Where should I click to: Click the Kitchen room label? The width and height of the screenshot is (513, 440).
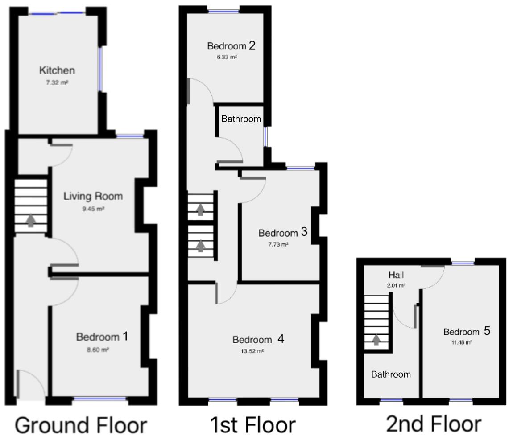57,70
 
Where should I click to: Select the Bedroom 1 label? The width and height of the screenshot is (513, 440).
102,337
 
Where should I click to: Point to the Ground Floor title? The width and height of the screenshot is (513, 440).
81,425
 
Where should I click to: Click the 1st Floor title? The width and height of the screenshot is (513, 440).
252,425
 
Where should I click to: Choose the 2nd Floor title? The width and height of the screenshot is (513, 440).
434,424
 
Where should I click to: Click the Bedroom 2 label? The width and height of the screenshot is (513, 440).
231,45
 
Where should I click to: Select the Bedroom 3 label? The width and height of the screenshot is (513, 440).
283,232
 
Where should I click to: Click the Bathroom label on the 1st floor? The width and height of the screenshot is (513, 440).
241,119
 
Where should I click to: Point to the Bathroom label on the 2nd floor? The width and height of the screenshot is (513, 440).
391,374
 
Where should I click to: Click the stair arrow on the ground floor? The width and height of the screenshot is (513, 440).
31,220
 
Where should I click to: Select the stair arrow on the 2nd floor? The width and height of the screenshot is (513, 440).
376,340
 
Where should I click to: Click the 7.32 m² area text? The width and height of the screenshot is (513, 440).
57,83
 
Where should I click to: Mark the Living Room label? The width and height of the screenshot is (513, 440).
93,196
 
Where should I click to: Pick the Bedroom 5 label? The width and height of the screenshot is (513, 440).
467,331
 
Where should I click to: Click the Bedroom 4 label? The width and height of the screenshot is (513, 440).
258,339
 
